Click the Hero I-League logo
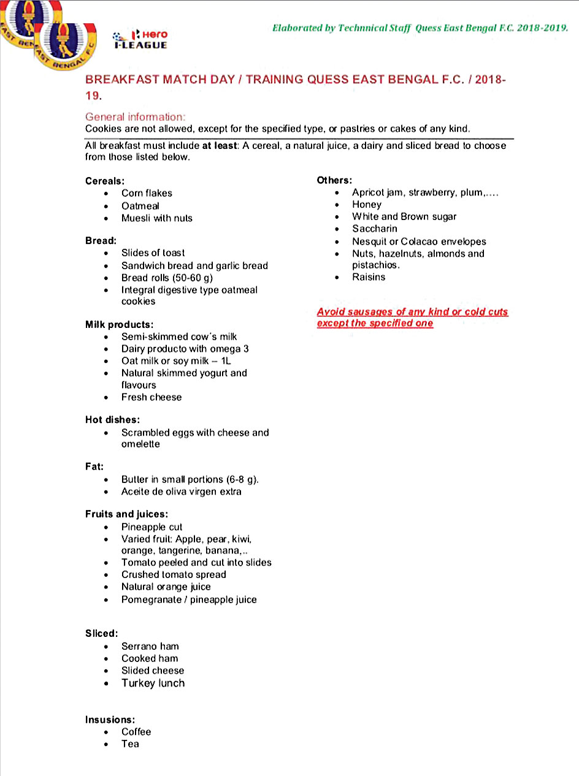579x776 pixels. tap(140, 39)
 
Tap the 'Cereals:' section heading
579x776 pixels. tap(104, 181)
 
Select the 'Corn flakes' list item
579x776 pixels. tap(147, 193)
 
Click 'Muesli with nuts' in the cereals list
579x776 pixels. tap(156, 218)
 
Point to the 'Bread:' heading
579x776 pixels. tap(101, 241)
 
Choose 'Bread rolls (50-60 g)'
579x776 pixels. tap(167, 278)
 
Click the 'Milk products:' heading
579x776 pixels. tap(119, 324)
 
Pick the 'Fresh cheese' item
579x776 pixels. tap(151, 397)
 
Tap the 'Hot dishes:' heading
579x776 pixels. tap(112, 420)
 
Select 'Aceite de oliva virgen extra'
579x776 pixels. tap(181, 492)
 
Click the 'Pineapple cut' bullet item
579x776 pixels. tap(151, 527)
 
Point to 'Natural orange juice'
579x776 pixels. tap(166, 587)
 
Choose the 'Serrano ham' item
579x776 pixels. tap(150, 646)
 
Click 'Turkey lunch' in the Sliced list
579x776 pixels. tap(153, 683)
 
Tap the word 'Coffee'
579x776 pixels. tap(136, 732)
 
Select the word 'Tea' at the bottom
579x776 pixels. tap(130, 744)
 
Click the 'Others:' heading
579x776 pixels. tap(334, 180)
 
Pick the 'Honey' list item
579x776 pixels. tap(367, 205)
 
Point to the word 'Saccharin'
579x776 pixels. tap(374, 229)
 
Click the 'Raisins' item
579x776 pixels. tap(369, 277)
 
